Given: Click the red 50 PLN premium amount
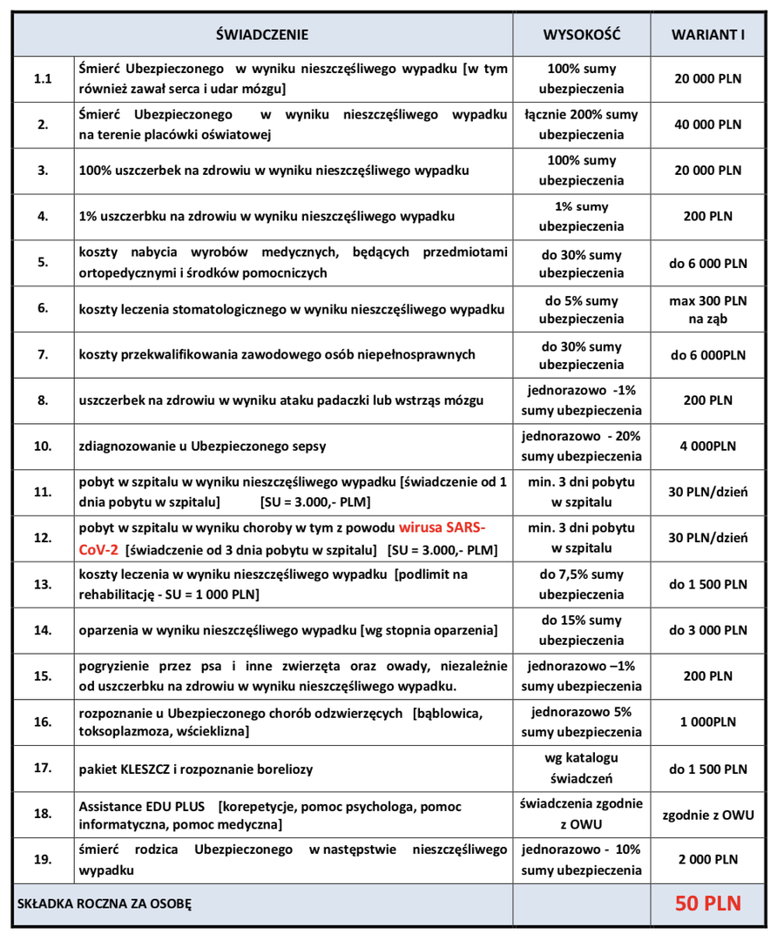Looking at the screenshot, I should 707,903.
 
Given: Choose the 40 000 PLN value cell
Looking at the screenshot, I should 707,124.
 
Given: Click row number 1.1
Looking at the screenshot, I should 43,78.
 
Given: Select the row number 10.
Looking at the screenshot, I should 43,446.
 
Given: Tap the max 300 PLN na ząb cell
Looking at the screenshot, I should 707,309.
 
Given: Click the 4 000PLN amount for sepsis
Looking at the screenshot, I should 707,446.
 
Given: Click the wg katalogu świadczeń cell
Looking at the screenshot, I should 581,769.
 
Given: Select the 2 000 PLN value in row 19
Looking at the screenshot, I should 707,860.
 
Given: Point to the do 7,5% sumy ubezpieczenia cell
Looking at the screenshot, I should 581,585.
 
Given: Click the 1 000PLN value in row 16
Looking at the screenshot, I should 707,722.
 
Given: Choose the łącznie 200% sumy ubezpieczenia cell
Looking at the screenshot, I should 581,124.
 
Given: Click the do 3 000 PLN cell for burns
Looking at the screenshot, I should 707,631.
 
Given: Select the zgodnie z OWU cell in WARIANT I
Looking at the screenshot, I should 707,816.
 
